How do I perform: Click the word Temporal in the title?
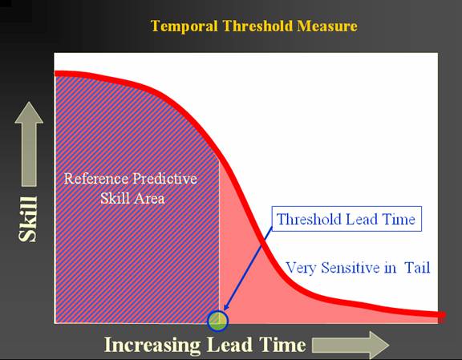point(184,26)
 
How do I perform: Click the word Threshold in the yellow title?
point(257,26)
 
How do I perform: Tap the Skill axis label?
point(28,219)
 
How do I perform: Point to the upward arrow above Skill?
point(29,144)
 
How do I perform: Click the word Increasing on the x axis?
point(152,345)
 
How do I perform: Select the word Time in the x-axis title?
point(282,345)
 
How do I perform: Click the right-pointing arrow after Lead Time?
point(351,345)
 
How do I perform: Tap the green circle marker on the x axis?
point(217,321)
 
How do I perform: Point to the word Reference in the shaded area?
point(96,179)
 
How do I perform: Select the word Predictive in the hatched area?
point(164,179)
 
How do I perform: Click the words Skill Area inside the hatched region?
point(132,198)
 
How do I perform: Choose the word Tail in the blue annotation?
point(417,268)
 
